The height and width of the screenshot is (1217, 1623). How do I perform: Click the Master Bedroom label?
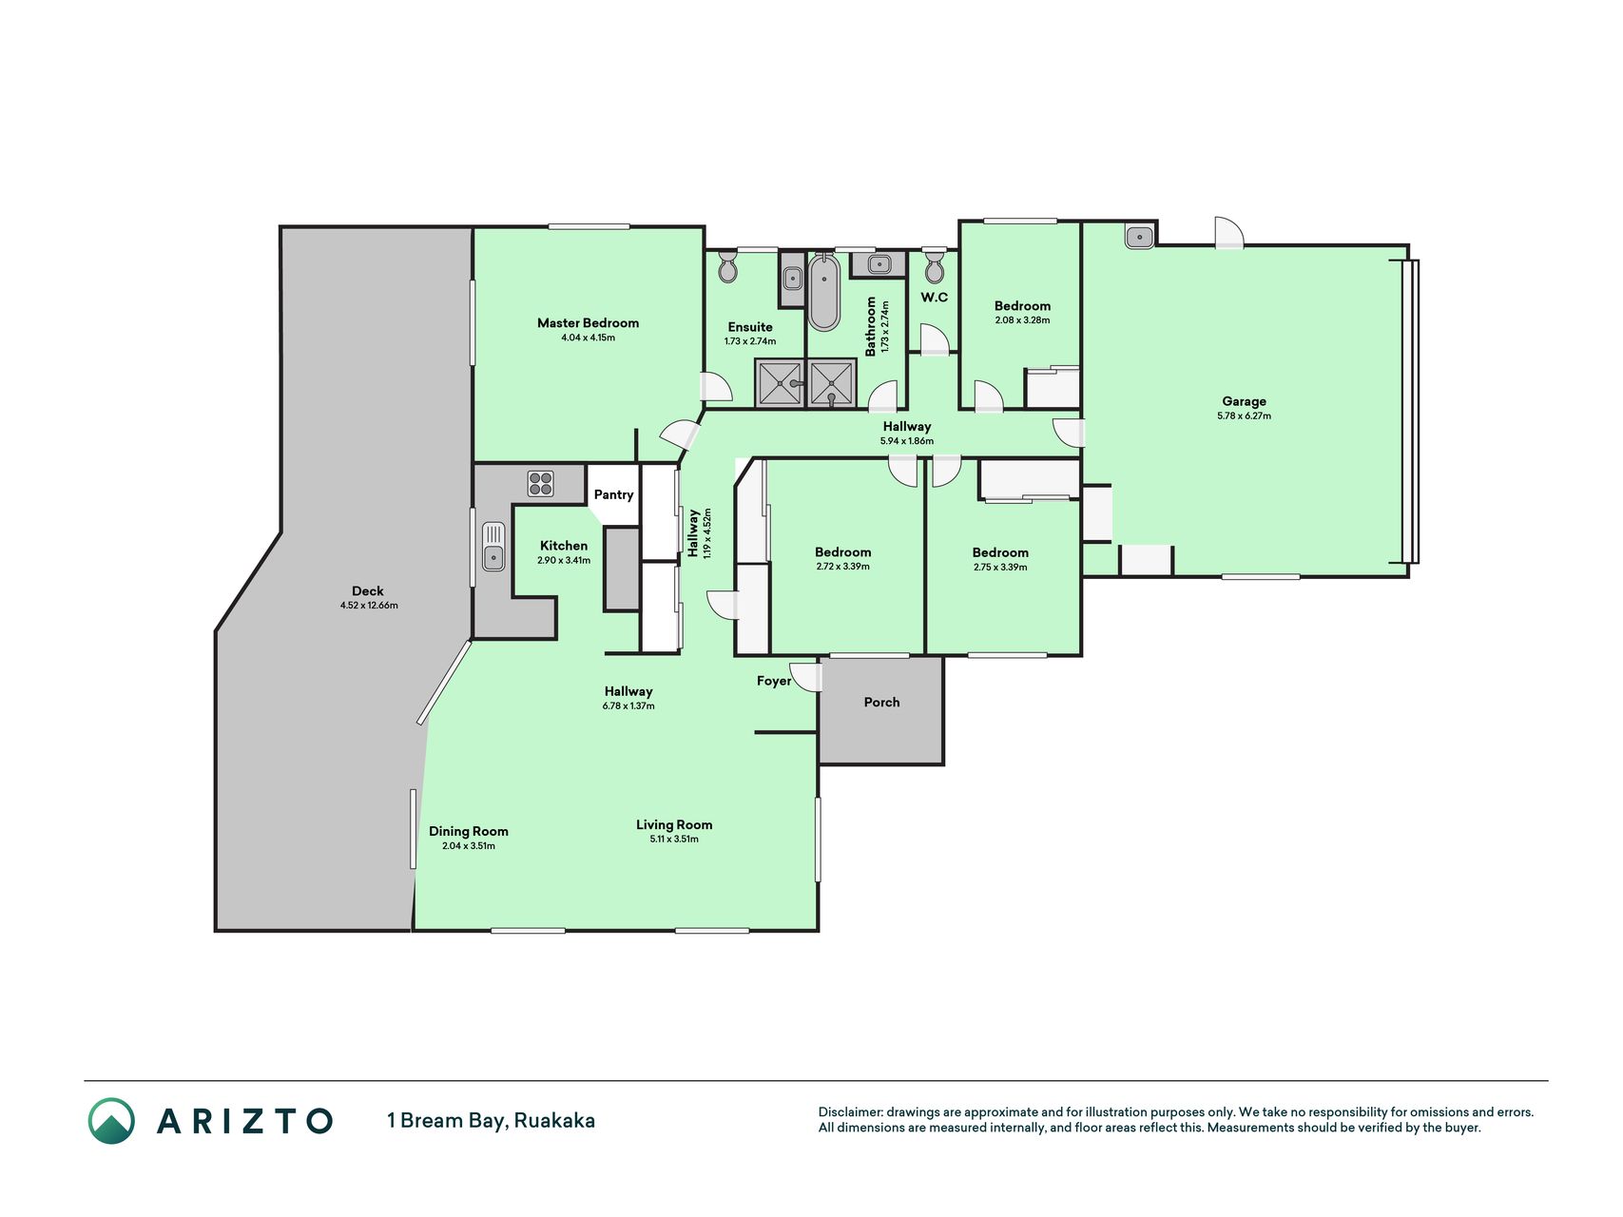point(588,323)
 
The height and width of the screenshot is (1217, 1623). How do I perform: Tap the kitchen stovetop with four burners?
point(541,484)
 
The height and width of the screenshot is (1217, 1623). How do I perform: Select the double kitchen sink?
point(493,547)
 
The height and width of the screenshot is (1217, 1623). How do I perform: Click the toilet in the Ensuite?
point(728,267)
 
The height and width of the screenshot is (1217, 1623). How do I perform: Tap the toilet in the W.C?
point(935,267)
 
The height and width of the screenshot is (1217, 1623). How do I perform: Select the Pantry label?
point(613,494)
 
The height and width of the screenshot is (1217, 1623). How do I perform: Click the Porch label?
point(881,703)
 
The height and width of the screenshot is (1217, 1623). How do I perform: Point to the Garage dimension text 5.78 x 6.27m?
point(1244,415)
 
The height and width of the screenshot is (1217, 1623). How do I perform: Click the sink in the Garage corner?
point(1139,236)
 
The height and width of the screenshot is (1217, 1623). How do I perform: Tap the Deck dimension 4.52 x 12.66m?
point(369,606)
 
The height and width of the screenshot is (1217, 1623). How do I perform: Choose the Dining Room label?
point(469,832)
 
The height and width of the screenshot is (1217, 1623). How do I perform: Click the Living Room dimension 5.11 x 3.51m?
point(674,840)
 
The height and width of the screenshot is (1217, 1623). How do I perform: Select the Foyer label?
point(774,681)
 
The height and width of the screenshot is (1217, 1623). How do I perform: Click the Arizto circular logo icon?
point(111,1121)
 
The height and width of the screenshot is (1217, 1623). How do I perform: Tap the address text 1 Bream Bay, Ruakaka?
point(491,1121)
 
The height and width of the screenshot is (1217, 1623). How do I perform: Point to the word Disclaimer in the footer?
point(850,1112)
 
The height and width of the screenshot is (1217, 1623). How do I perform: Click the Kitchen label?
point(564,546)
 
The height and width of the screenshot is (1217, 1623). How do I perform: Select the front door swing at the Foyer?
point(804,677)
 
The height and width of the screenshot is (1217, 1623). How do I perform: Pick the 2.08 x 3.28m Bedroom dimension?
point(1022,320)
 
